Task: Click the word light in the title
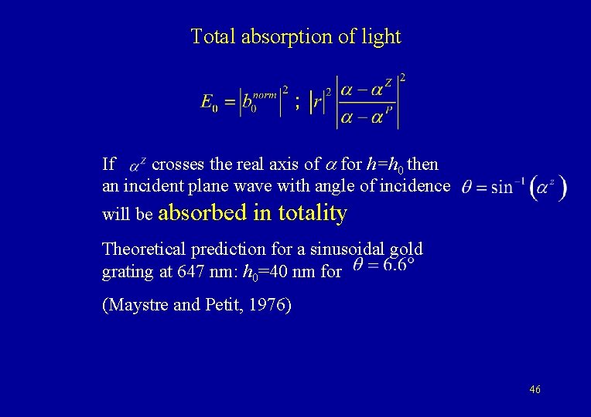(384, 36)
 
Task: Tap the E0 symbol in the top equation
(209, 102)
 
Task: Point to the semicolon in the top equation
(298, 103)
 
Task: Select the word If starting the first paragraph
(109, 164)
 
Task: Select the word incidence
(415, 186)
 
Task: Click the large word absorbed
(205, 213)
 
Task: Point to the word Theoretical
(142, 249)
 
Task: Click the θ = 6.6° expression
(384, 265)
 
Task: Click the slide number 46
(535, 390)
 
